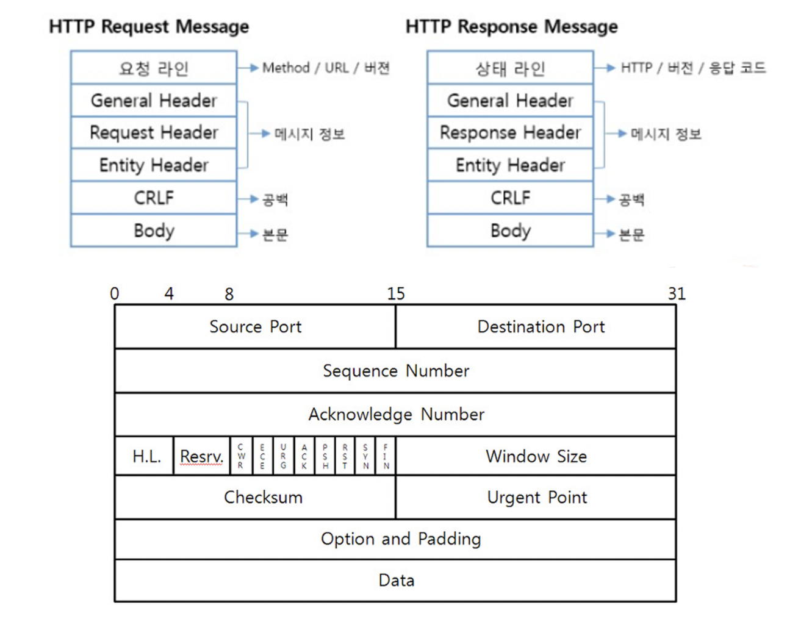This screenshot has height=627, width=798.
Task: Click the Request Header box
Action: coord(154,132)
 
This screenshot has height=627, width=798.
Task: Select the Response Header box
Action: coord(510,132)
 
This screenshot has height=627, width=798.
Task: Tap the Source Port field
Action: coord(255,327)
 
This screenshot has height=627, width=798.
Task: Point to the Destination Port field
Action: coord(536,327)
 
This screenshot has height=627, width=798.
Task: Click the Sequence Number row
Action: coord(395,371)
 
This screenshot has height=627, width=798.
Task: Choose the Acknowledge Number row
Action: coord(395,415)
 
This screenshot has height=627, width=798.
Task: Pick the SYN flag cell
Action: coord(365,456)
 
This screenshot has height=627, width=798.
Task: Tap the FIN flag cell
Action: coord(386,456)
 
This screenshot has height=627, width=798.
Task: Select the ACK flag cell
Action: coord(304,456)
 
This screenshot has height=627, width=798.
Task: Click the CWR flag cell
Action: coord(241,456)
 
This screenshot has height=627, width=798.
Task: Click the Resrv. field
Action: coord(201,456)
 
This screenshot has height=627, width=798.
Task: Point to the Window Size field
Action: coord(536,456)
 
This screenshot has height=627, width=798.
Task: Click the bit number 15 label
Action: coord(395,294)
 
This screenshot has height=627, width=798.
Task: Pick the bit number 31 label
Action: coord(676,294)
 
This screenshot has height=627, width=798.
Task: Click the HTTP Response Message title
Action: coord(511,27)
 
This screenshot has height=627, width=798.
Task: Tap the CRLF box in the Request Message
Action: coord(154,198)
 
